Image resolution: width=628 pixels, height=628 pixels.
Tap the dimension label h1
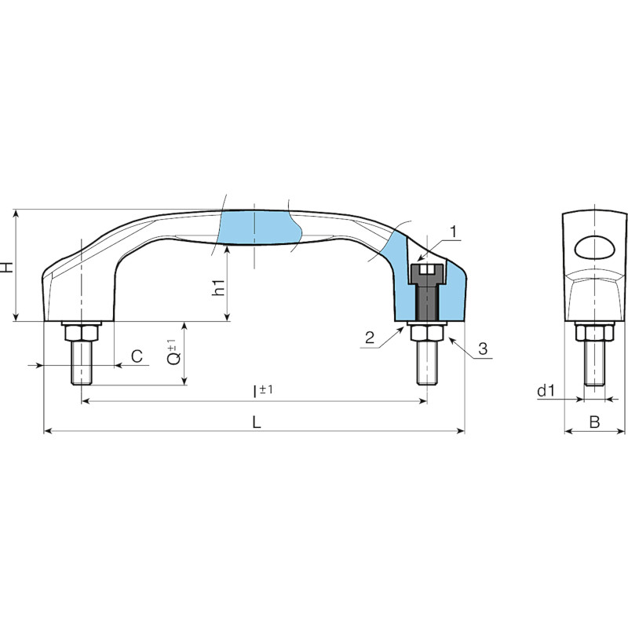click(x=218, y=287)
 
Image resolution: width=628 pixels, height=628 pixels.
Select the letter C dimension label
click(x=137, y=356)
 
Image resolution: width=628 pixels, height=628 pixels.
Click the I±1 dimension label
click(x=263, y=391)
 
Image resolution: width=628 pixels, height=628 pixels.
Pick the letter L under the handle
click(x=257, y=422)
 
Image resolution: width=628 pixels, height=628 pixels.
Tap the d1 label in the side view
click(x=546, y=390)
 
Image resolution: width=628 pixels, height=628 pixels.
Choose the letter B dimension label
click(x=595, y=422)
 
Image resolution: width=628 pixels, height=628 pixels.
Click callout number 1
click(x=453, y=232)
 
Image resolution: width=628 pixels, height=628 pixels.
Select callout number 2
click(x=370, y=338)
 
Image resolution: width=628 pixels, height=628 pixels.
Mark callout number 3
click(x=483, y=349)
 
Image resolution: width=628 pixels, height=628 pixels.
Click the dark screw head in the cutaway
click(x=427, y=273)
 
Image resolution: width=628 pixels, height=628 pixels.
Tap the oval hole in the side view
click(x=594, y=248)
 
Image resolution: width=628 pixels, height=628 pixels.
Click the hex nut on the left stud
click(x=82, y=332)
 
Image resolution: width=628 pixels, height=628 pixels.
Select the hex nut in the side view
click(x=594, y=332)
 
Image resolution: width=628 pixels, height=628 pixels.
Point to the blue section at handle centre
click(x=258, y=227)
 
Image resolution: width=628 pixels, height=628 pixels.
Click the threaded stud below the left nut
click(x=82, y=363)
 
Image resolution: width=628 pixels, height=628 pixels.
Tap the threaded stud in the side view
click(x=594, y=363)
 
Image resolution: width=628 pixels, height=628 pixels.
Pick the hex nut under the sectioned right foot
click(x=427, y=333)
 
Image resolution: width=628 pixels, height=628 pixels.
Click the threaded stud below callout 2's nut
click(x=427, y=363)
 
